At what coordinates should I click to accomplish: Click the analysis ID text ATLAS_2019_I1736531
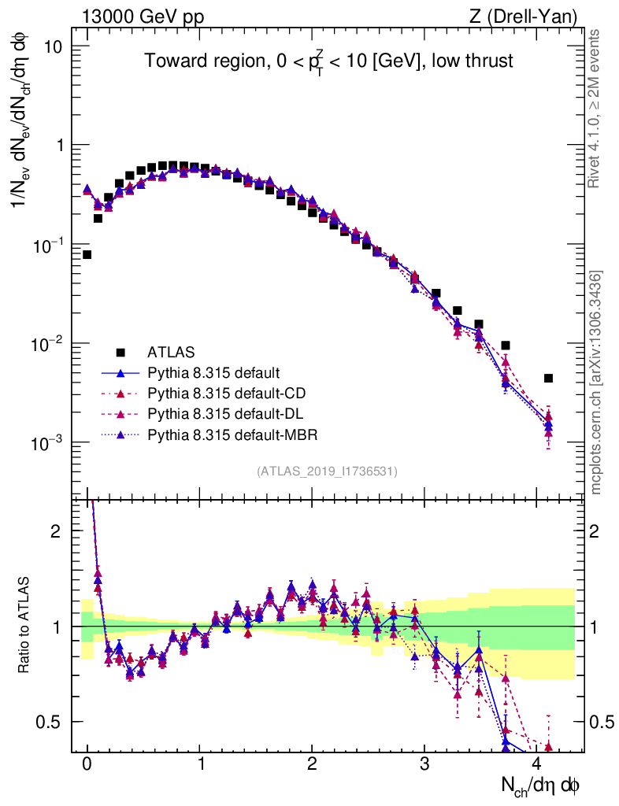click(327, 471)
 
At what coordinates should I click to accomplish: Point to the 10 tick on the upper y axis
click(52, 46)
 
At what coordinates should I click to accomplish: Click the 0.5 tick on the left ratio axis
click(50, 722)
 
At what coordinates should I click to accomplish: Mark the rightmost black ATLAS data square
click(548, 379)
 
